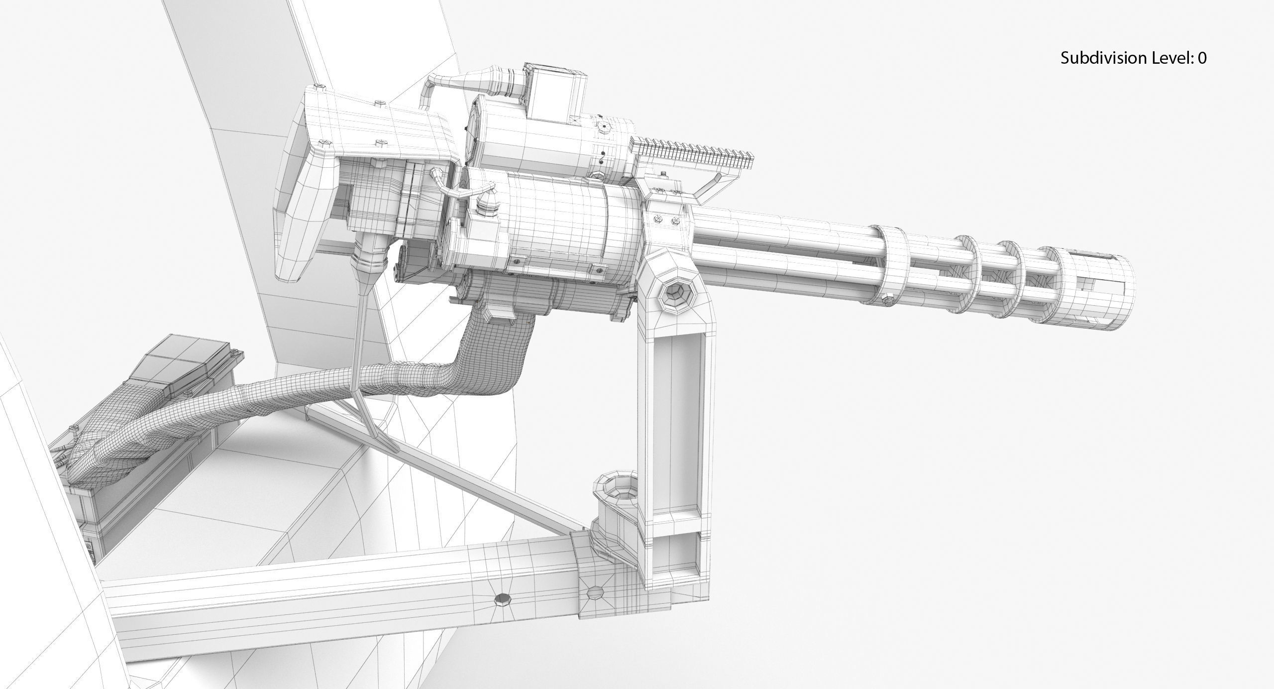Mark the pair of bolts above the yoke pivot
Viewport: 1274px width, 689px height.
click(x=667, y=220)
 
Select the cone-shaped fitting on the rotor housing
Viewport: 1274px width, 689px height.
click(x=487, y=204)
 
